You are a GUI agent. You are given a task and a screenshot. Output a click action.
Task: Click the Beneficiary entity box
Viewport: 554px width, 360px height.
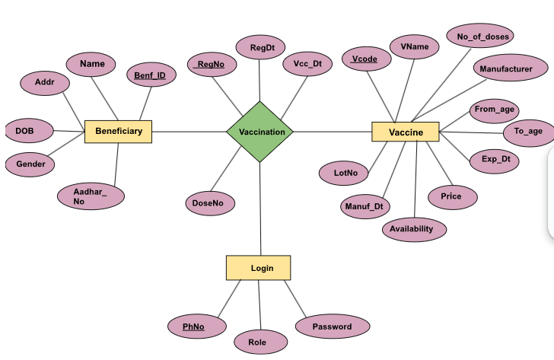[x=118, y=132]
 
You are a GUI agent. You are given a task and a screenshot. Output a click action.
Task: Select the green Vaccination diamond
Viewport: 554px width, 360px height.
[x=261, y=132]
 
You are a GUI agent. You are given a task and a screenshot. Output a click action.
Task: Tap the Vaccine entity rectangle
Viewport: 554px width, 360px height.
[x=406, y=132]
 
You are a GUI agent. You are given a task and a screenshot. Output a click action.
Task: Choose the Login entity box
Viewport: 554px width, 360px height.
[x=258, y=268]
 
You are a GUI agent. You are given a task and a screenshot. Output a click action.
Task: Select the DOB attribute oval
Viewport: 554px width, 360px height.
[x=29, y=131]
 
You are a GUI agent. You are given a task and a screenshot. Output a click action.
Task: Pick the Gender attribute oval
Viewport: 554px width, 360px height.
[x=30, y=164]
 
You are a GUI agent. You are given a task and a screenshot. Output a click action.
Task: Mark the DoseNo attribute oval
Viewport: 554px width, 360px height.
[x=209, y=203]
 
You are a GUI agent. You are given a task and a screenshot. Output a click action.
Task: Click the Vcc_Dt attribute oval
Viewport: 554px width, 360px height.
[x=307, y=64]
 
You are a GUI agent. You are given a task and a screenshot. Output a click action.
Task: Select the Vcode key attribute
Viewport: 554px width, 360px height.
[x=365, y=59]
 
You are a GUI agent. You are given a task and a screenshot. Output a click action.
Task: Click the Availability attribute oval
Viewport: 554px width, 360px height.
[x=413, y=228]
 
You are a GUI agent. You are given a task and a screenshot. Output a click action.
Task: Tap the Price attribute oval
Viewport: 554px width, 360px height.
[x=451, y=196]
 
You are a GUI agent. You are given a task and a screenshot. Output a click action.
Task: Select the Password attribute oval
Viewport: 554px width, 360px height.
[x=333, y=327]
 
